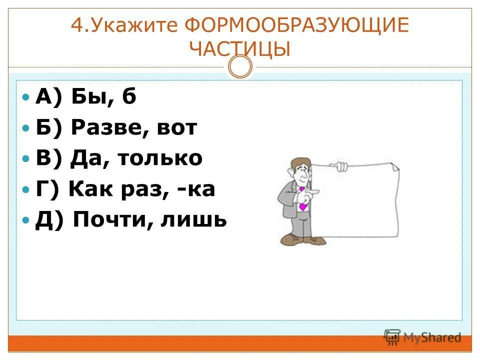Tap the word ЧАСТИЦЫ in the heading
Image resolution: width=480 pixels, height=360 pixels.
240,49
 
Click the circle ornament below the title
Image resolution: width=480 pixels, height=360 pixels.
240,66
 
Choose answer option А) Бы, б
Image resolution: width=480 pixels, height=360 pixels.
85,96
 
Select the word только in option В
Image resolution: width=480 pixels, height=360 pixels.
160,158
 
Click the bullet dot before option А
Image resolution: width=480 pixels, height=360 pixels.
26,96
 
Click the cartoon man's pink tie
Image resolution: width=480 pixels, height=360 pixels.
302,200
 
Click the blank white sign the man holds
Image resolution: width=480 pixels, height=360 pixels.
355,202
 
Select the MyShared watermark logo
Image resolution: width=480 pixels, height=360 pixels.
422,337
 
